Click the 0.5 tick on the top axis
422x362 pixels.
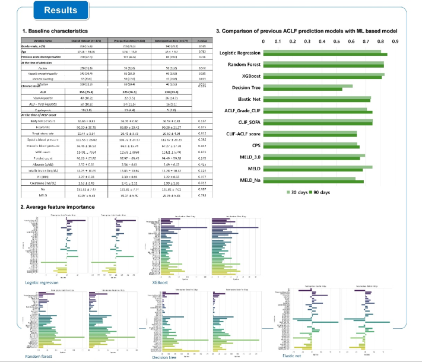click(x=337, y=43)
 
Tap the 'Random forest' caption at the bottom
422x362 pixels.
click(x=38, y=356)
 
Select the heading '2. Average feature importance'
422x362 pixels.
click(x=57, y=207)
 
